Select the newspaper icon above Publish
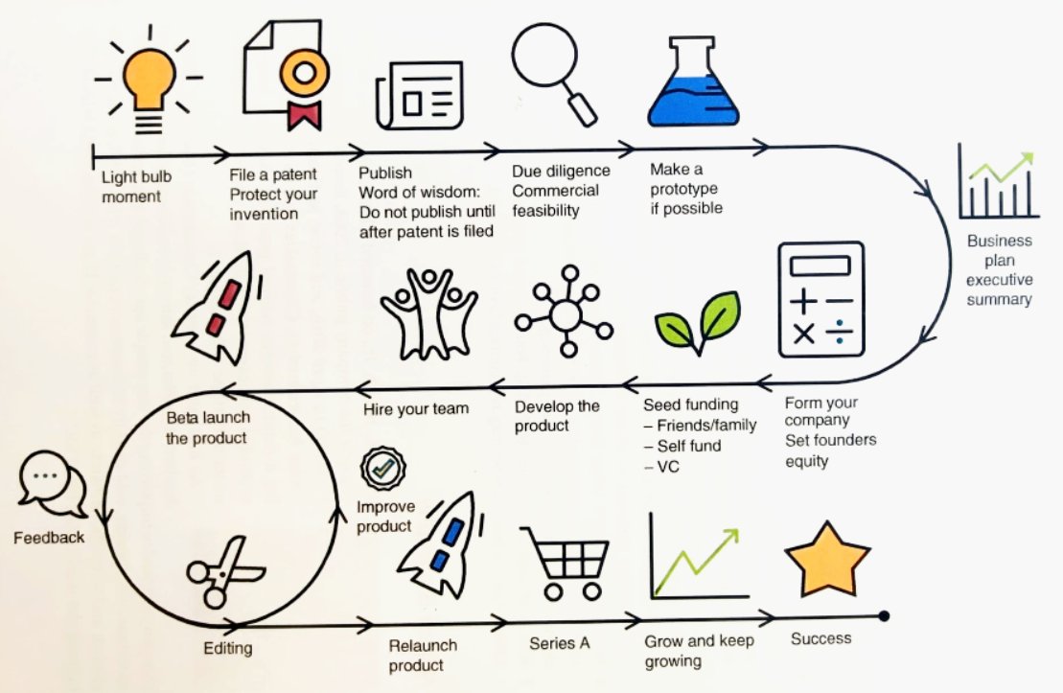419,96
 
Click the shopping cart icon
566,565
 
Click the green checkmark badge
376,469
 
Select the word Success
820,638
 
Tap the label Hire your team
416,408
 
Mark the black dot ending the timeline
884,615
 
